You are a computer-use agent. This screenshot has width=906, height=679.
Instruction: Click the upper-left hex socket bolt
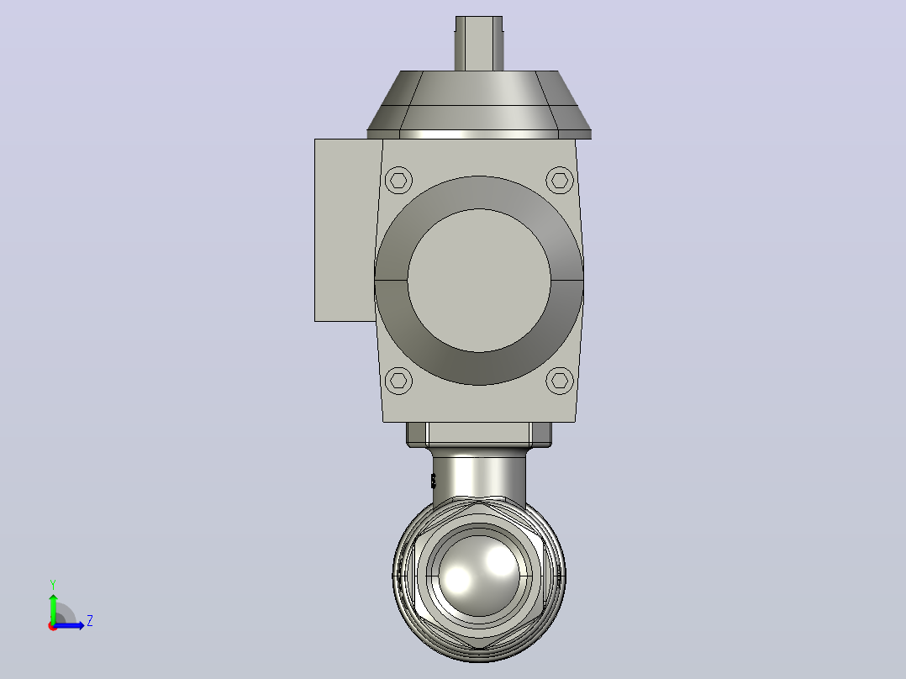[398, 181]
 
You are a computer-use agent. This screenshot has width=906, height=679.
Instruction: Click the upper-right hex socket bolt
[560, 181]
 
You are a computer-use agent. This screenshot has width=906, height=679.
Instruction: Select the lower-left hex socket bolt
[398, 380]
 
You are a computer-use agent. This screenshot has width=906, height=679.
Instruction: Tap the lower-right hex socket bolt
[560, 380]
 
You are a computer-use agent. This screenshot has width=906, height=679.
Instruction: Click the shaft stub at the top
[479, 44]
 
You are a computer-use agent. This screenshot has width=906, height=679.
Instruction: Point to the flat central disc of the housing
[479, 281]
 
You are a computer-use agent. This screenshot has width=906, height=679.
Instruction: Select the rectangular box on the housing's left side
[345, 230]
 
